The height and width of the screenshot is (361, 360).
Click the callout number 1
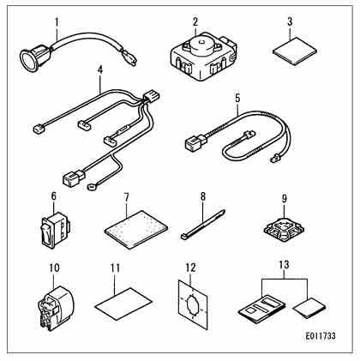pyautogui.click(x=57, y=22)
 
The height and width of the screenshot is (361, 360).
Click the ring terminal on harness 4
pyautogui.click(x=92, y=187)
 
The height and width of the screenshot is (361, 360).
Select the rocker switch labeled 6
pyautogui.click(x=55, y=230)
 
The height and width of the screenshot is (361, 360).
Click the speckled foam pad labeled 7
pyautogui.click(x=135, y=230)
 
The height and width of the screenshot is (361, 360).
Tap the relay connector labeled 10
pyautogui.click(x=56, y=308)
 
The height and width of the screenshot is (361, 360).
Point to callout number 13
pyautogui.click(x=284, y=265)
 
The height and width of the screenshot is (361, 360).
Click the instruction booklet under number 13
pyautogui.click(x=261, y=309)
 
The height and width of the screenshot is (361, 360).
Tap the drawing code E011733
pyautogui.click(x=321, y=335)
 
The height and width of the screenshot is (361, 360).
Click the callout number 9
pyautogui.click(x=285, y=198)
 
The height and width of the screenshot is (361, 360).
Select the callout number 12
pyautogui.click(x=190, y=268)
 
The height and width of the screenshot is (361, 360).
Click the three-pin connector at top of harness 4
pyautogui.click(x=151, y=96)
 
